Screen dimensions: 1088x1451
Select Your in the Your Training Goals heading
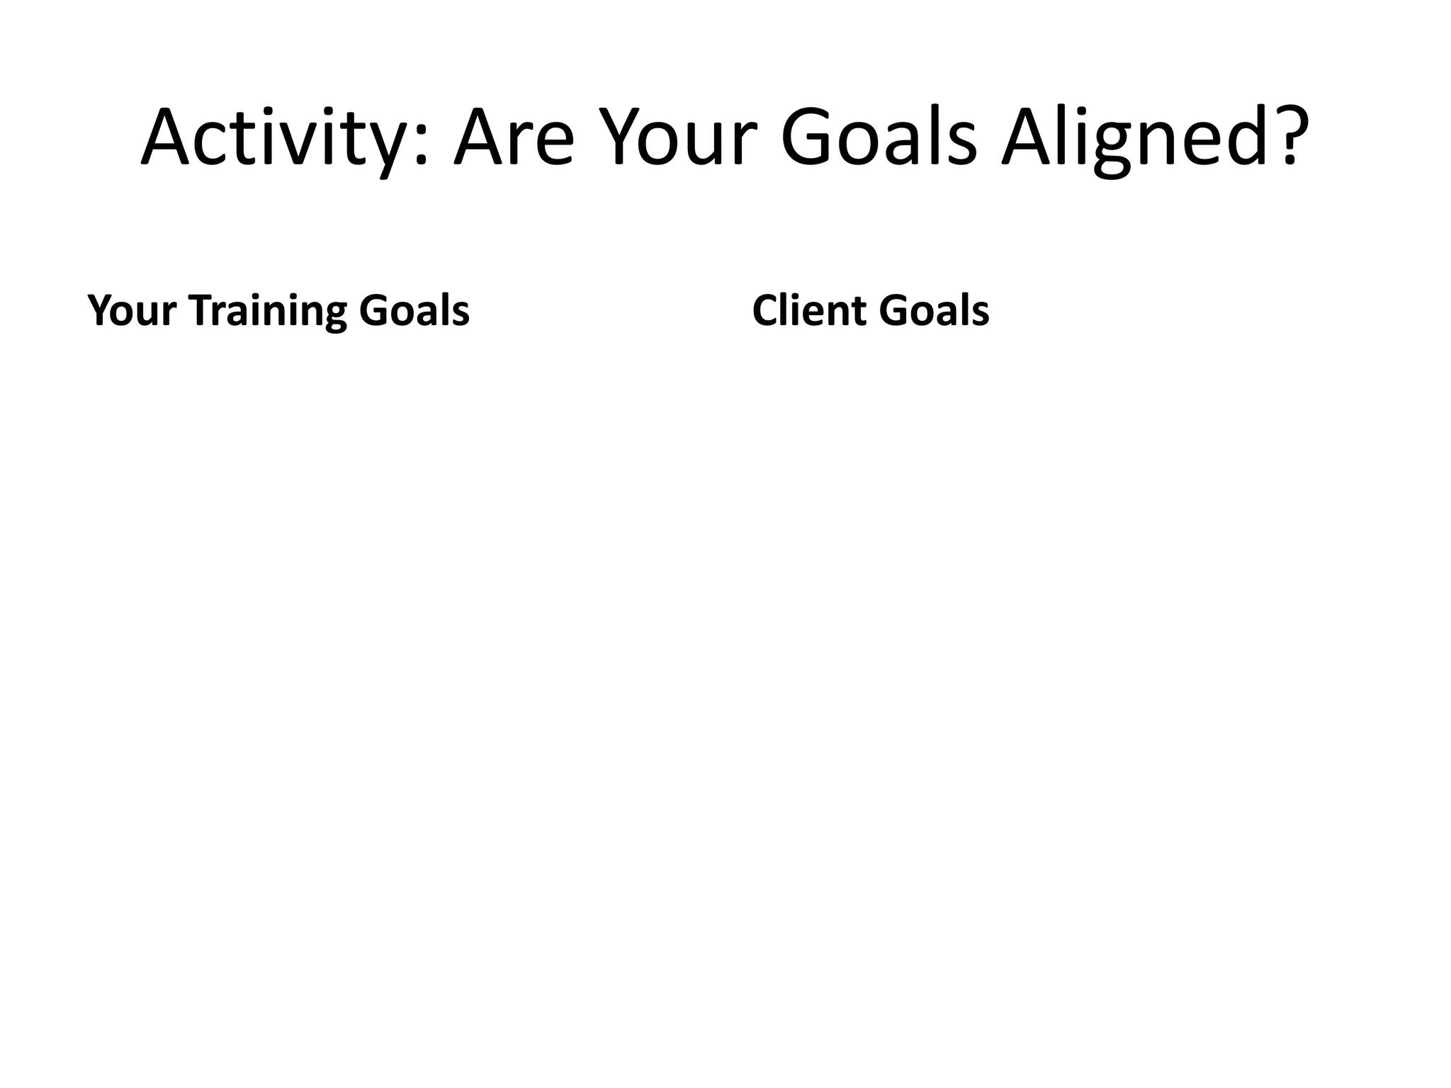tap(132, 311)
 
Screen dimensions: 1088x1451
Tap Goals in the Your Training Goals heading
tap(414, 311)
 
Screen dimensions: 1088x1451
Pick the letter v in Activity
tap(302, 145)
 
